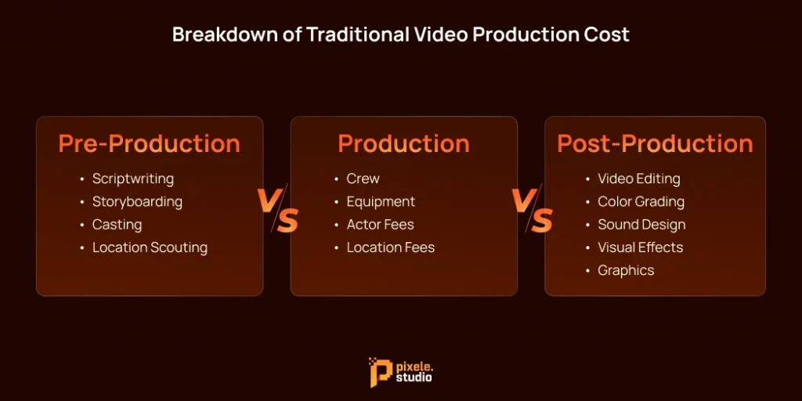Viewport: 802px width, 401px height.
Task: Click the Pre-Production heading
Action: click(x=149, y=144)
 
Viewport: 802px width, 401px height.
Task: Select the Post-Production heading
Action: click(x=655, y=144)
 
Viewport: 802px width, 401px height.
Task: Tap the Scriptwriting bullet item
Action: click(x=133, y=179)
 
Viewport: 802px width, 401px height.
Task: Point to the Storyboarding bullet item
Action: click(x=137, y=201)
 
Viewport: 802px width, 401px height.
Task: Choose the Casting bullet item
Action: click(x=117, y=225)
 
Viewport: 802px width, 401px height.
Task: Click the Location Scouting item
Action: click(x=150, y=247)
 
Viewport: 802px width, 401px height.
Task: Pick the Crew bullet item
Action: click(x=363, y=179)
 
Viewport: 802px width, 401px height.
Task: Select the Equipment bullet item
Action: click(x=381, y=201)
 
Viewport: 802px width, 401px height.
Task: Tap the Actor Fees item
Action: click(x=381, y=225)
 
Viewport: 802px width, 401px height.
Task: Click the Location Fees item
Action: click(x=390, y=247)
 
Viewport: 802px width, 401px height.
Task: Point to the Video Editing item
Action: click(x=639, y=179)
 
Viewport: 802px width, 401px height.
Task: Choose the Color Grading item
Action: click(x=641, y=201)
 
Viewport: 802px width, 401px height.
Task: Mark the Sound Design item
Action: click(x=641, y=225)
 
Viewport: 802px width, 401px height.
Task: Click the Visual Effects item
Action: click(x=640, y=247)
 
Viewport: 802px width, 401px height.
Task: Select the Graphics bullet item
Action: click(x=626, y=270)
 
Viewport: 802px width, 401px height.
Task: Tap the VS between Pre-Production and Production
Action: click(x=277, y=210)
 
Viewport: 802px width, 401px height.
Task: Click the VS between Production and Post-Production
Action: click(x=532, y=210)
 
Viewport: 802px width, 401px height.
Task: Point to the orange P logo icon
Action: click(x=380, y=372)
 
